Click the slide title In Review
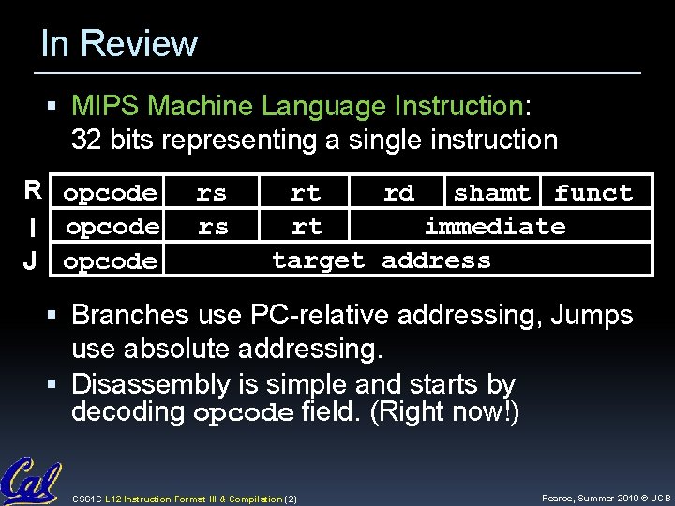click(119, 44)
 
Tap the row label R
click(33, 192)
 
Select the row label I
click(33, 228)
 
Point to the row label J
click(32, 260)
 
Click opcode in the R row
click(110, 193)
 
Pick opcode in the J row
click(110, 260)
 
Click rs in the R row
click(211, 193)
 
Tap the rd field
click(398, 193)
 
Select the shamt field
click(491, 193)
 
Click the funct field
click(592, 193)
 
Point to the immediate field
click(495, 227)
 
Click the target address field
click(382, 260)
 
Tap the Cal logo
click(31, 481)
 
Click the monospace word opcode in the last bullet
click(244, 413)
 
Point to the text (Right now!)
click(444, 412)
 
